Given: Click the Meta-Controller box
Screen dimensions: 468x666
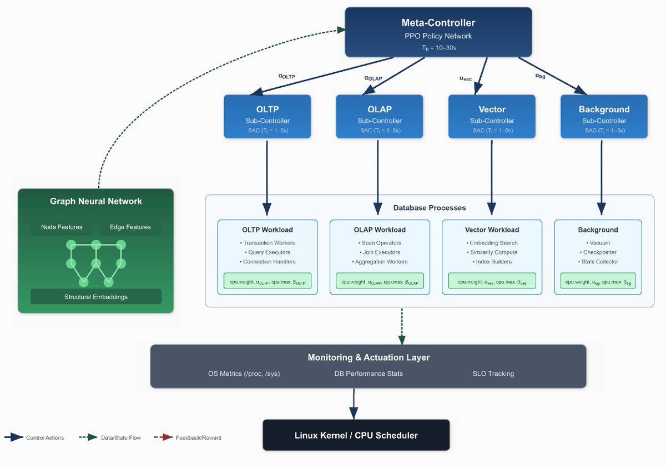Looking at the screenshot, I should click(438, 32).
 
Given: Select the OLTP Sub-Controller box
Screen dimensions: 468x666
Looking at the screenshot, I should click(268, 116).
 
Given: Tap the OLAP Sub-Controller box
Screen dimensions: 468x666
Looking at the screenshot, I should click(380, 116).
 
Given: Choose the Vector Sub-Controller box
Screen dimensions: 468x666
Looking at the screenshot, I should click(492, 116).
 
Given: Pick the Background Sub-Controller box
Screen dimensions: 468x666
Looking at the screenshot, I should click(604, 116).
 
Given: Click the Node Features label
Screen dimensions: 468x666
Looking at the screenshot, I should click(62, 227).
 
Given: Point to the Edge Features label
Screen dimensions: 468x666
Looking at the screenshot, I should click(130, 227).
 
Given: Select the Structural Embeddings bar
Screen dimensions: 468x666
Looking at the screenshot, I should click(96, 297).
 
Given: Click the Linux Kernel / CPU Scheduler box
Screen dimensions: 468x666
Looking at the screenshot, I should click(356, 435).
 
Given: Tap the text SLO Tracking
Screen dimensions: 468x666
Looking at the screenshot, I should click(493, 374).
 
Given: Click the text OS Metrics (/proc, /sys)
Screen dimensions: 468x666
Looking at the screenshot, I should click(244, 374).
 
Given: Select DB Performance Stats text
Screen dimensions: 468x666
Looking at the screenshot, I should click(369, 374).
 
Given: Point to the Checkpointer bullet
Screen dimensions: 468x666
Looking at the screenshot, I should click(598, 252).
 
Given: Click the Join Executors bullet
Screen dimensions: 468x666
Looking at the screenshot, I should click(380, 252).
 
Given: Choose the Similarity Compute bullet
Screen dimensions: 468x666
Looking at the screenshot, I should click(492, 252).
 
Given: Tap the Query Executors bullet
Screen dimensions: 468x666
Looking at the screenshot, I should click(268, 252).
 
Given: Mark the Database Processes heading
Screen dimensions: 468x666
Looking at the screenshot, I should click(430, 208).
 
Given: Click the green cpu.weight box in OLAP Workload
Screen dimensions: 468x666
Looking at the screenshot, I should click(380, 282).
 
